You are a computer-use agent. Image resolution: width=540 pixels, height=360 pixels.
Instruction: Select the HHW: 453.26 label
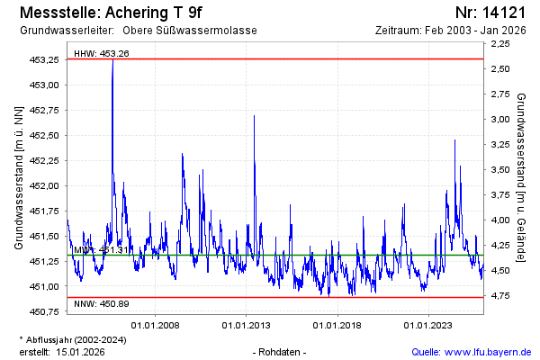pos(102,53)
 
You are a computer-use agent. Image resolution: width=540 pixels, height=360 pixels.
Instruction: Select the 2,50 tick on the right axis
pos(501,68)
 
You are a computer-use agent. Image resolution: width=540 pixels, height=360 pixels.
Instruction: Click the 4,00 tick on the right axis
pos(501,220)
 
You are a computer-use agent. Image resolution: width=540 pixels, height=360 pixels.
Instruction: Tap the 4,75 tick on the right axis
pos(501,295)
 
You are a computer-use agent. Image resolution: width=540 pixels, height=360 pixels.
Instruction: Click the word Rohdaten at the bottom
pos(281,351)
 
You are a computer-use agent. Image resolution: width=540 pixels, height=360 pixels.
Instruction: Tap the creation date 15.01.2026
pos(80,351)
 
